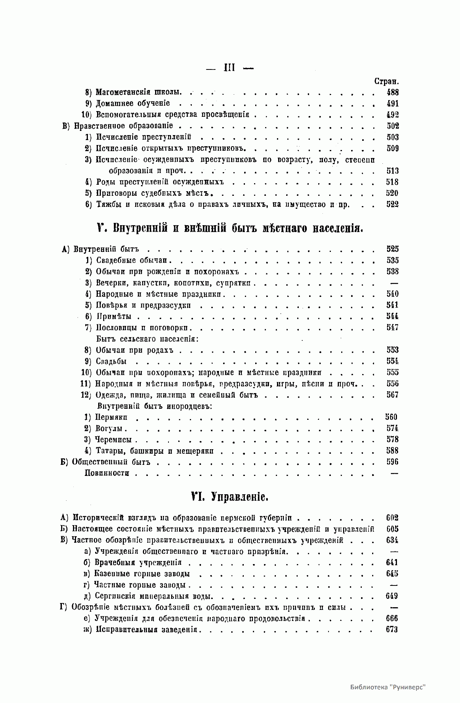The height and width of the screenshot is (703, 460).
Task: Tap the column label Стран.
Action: [x=386, y=81]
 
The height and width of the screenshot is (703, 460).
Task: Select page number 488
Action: [x=392, y=92]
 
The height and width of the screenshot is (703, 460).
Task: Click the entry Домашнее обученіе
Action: [x=133, y=103]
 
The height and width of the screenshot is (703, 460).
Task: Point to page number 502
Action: [x=392, y=126]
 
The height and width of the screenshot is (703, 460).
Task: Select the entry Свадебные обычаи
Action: [x=132, y=261]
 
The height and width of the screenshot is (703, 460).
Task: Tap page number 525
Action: [x=392, y=249]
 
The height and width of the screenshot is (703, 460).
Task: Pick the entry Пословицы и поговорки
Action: [x=143, y=328]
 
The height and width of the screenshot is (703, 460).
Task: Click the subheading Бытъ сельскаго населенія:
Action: [x=147, y=339]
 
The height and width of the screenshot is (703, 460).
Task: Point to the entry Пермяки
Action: [x=111, y=417]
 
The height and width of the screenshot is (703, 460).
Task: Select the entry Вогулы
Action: [x=111, y=429]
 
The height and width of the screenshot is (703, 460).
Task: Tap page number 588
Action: [x=392, y=451]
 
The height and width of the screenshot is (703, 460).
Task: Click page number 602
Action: [x=392, y=518]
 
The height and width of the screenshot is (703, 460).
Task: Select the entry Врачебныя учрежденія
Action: [x=138, y=563]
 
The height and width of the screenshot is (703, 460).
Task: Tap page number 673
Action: [x=392, y=630]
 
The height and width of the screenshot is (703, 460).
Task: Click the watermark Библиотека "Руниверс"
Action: [x=388, y=687]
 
